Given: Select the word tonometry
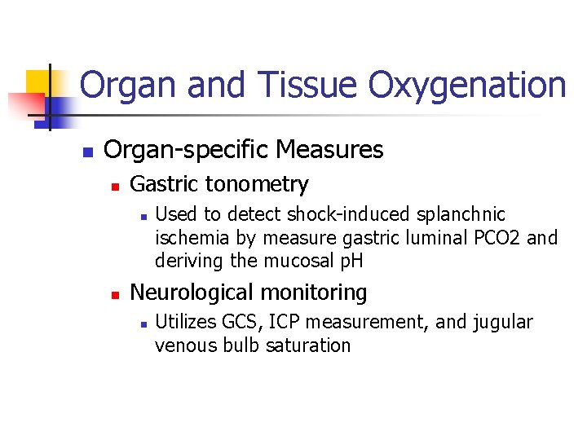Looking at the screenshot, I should click(x=262, y=185).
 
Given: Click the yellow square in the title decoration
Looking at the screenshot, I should click(x=38, y=82).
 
